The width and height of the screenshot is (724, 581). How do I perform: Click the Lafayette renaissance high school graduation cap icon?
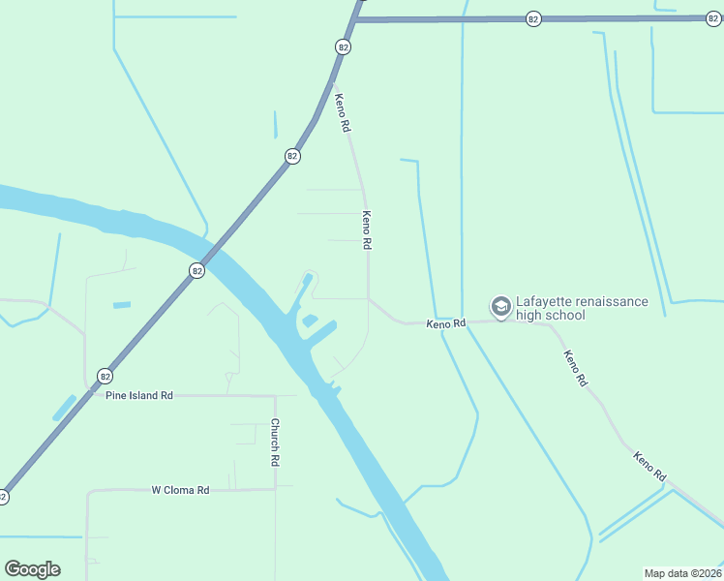click(500, 307)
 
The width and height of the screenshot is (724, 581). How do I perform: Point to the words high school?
click(551, 316)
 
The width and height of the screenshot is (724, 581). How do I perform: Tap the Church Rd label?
click(275, 443)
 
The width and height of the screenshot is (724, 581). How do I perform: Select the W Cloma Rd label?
click(181, 490)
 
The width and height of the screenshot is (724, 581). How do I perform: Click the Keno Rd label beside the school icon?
click(446, 323)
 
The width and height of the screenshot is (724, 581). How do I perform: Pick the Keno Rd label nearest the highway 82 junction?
click(342, 112)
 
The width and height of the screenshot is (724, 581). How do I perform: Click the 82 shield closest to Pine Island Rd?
click(105, 376)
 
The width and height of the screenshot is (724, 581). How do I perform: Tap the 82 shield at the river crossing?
click(196, 271)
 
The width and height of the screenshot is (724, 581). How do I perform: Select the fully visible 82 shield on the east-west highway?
click(532, 18)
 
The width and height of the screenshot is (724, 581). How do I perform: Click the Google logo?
click(32, 569)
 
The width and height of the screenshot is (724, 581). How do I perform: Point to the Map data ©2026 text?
click(682, 573)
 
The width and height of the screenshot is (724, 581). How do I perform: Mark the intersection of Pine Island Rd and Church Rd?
click(275, 395)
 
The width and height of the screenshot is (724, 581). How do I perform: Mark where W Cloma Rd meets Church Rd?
click(275, 489)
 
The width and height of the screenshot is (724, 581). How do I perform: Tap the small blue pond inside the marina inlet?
click(310, 321)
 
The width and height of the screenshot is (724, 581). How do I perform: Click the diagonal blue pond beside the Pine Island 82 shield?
click(64, 408)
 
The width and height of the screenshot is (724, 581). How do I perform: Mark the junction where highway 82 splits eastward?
click(356, 19)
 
